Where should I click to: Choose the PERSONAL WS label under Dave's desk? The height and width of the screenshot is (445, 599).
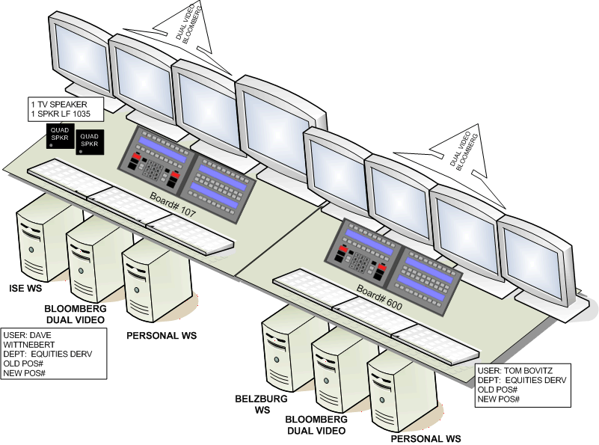pos(161,336)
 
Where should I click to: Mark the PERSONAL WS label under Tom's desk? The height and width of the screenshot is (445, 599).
pos(426,438)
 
